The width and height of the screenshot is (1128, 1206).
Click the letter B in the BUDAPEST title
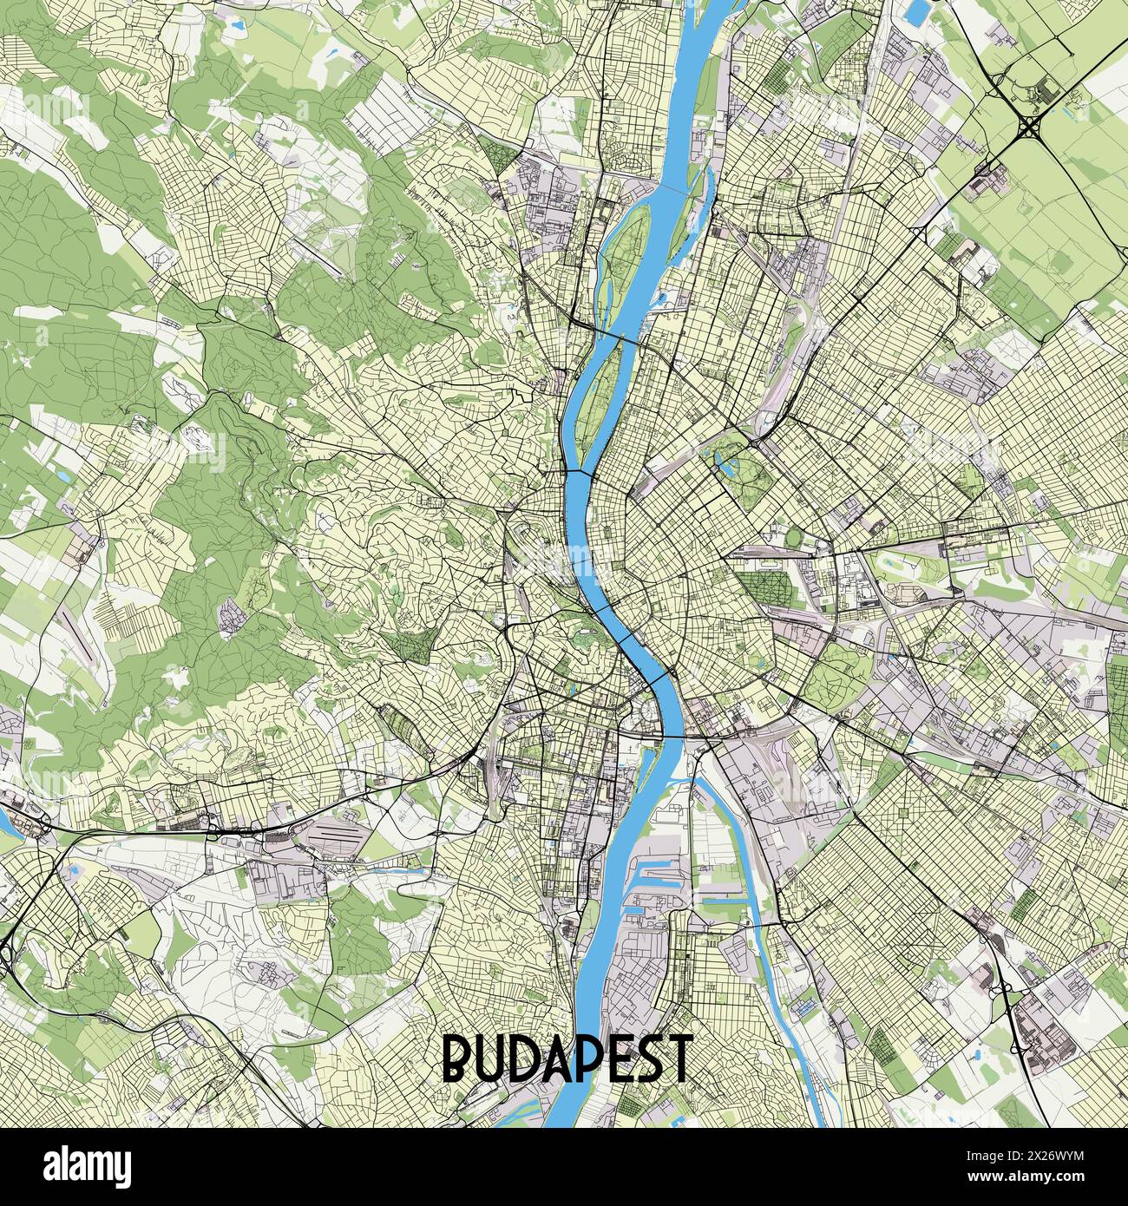point(459,1056)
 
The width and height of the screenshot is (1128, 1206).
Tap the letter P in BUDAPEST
point(591,1056)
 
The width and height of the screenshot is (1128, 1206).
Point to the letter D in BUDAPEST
point(523,1056)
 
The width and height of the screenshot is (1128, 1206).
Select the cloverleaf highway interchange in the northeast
point(1029,128)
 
